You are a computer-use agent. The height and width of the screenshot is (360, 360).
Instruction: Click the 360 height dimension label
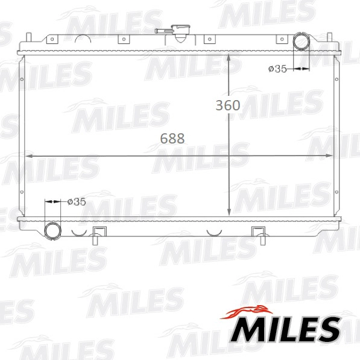point(228,105)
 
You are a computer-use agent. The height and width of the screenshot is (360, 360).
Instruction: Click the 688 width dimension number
point(172,138)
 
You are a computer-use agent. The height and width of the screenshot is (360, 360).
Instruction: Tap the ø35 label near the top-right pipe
point(277,69)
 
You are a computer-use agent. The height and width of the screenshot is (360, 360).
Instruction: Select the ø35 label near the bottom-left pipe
point(77,202)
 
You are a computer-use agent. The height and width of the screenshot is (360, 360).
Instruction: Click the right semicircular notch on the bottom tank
point(215,232)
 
